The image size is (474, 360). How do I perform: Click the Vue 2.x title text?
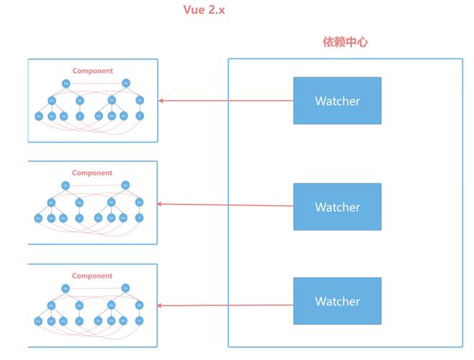(x=204, y=10)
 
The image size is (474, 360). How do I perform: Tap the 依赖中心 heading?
(x=345, y=42)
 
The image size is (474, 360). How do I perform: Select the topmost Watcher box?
(x=337, y=101)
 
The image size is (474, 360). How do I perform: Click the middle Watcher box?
(x=337, y=207)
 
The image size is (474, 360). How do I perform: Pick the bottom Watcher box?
(x=337, y=301)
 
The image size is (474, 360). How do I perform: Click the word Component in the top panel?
(x=92, y=71)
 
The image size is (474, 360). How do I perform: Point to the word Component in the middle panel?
(x=92, y=173)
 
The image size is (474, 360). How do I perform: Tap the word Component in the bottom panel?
(x=92, y=276)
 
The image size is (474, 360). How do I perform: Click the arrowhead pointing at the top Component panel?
(x=161, y=101)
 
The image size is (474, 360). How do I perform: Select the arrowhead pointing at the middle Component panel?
(x=161, y=204)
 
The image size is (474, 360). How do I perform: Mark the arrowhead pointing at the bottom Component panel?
(x=161, y=306)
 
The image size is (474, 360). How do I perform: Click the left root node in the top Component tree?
(x=66, y=84)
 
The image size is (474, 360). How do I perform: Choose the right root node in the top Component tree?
(x=126, y=83)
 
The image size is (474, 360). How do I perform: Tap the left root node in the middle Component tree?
(x=66, y=186)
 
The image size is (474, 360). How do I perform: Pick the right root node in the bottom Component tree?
(x=125, y=288)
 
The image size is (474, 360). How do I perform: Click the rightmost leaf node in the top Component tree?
(x=140, y=115)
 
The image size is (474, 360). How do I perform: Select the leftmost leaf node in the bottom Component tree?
(x=38, y=320)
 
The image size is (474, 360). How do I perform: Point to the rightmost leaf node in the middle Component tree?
(x=139, y=217)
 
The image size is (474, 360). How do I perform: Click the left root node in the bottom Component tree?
(x=66, y=289)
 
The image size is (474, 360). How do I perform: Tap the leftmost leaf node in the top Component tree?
(x=39, y=116)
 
